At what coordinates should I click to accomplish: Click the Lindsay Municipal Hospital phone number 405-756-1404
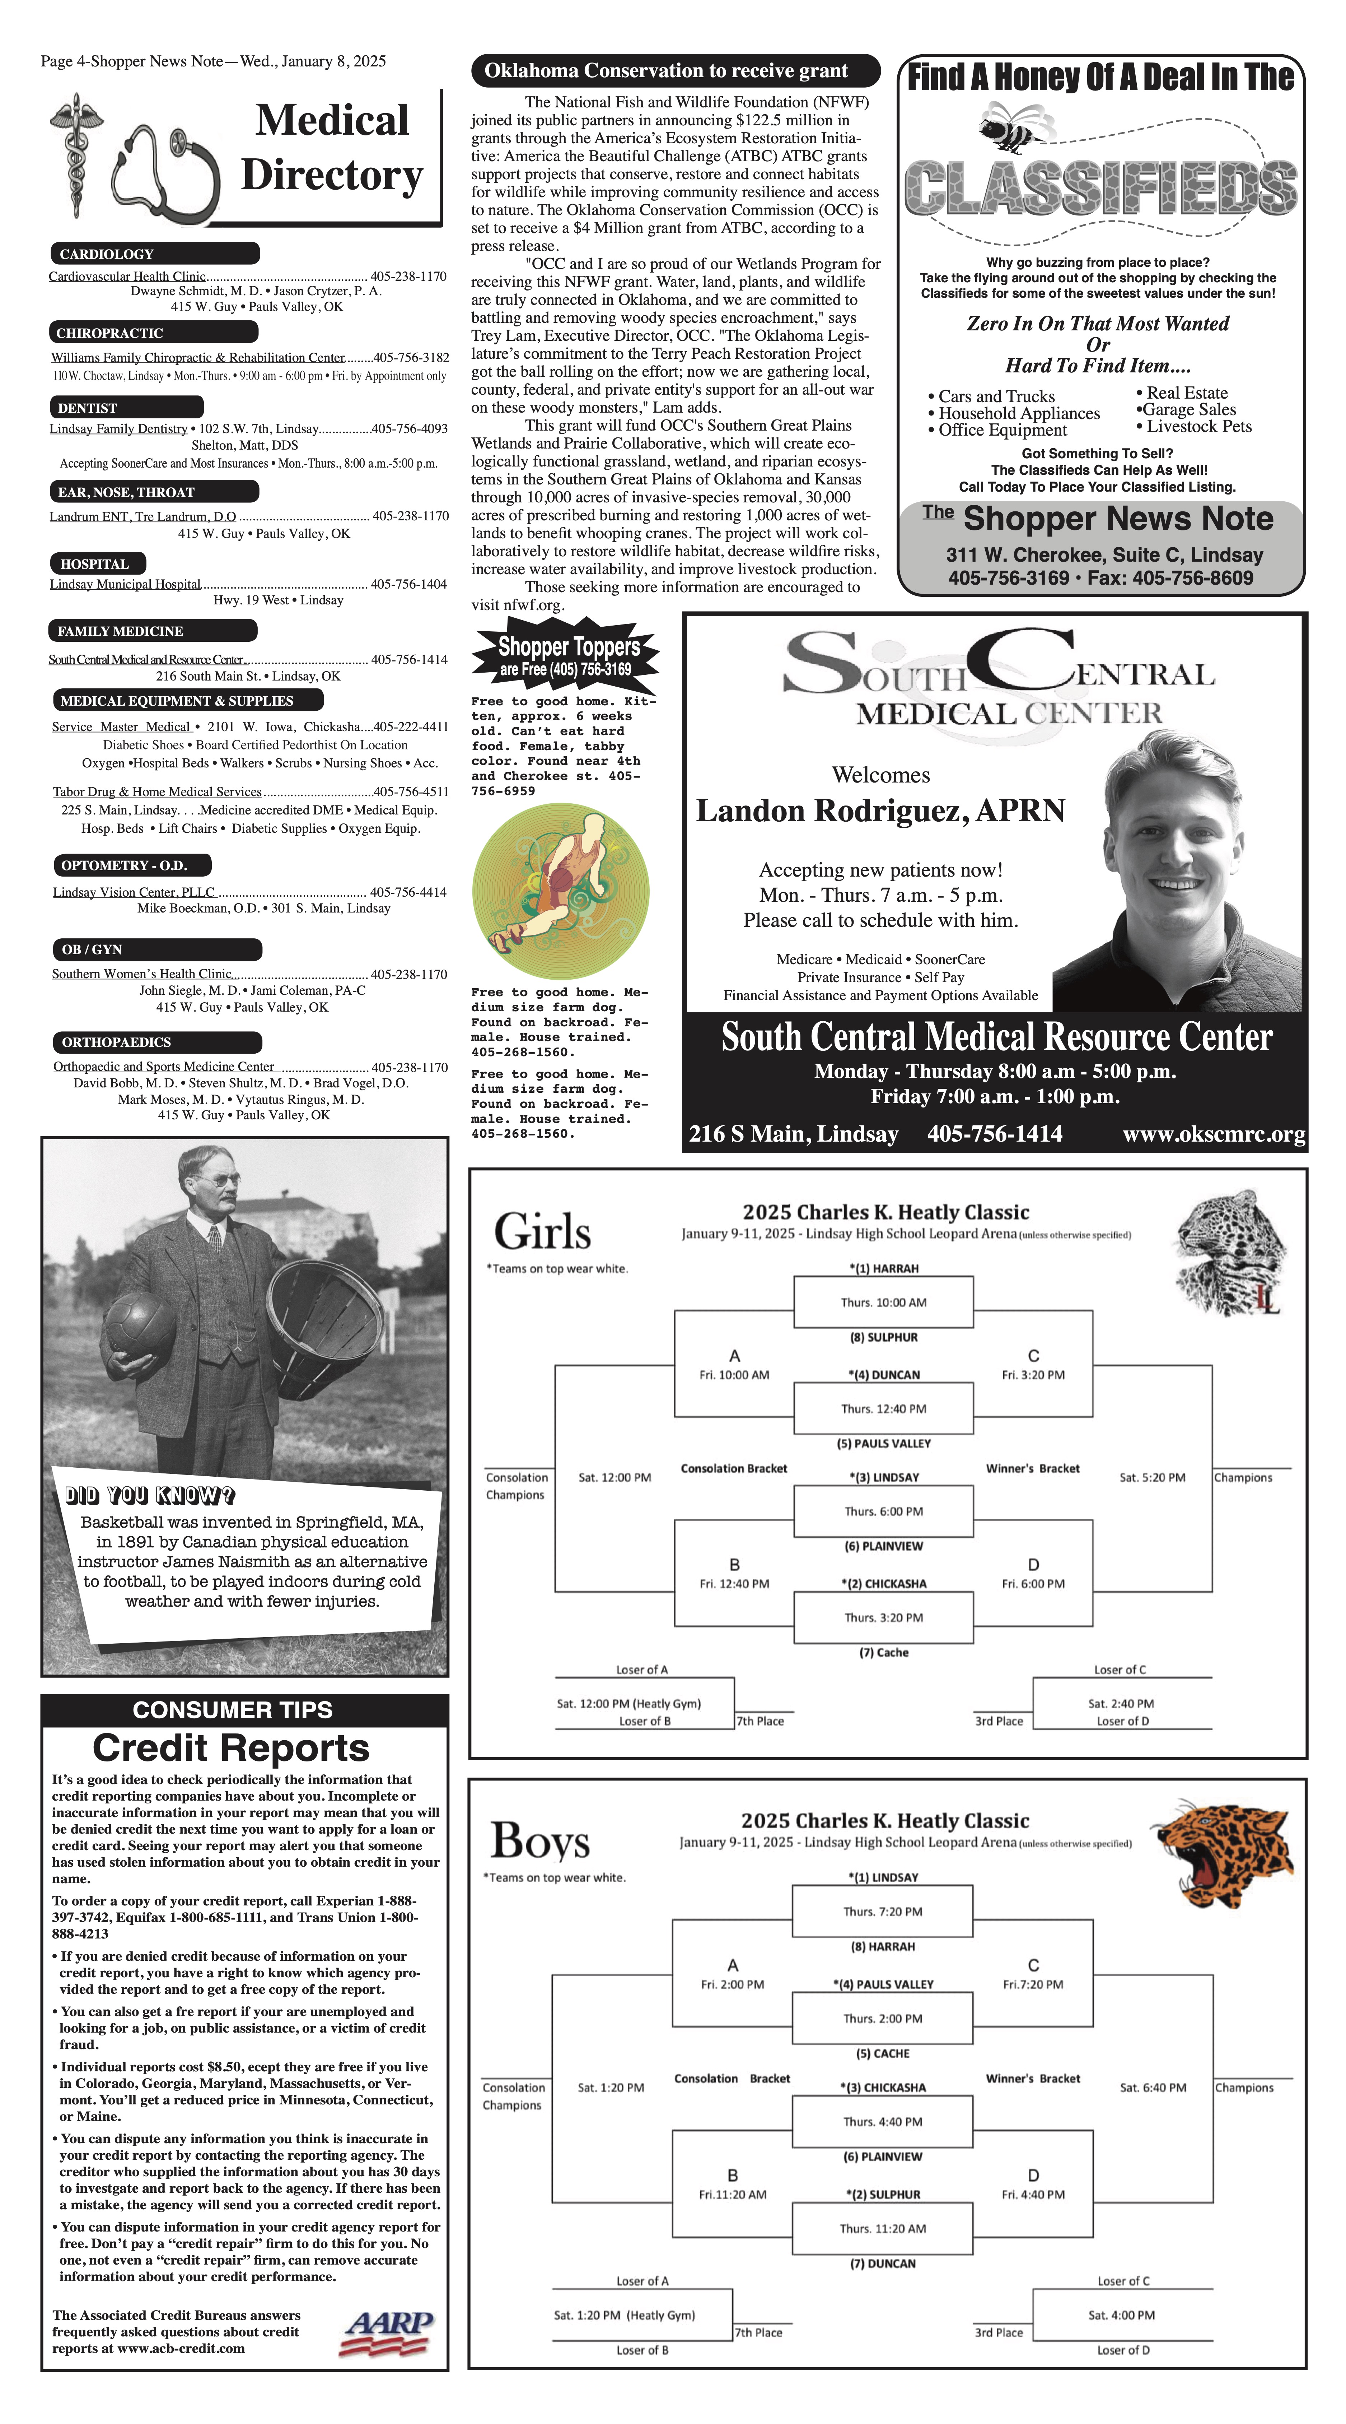pos(408,584)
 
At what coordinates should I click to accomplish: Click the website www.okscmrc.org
pos(1214,1135)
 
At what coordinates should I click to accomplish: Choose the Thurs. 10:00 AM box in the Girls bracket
pos(883,1302)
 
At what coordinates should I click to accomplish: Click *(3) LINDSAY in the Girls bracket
pos(883,1477)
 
